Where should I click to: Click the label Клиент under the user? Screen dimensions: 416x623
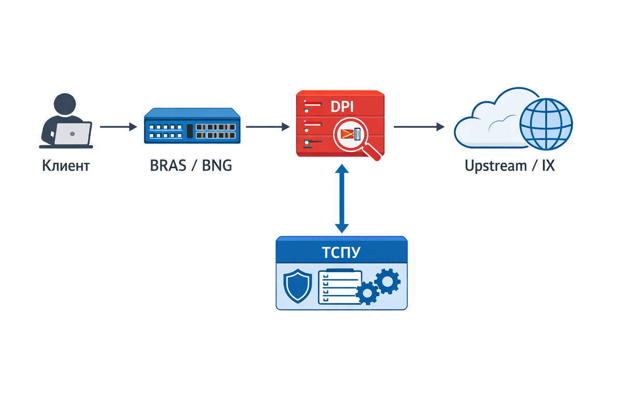(x=65, y=166)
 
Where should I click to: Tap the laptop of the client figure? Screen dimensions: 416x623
(x=73, y=134)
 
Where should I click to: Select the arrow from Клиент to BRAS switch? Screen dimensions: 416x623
(x=118, y=126)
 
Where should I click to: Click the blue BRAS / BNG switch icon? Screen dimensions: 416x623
(x=192, y=126)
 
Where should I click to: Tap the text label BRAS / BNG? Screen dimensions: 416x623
(x=191, y=166)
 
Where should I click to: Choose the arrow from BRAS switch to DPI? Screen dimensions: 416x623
(x=267, y=126)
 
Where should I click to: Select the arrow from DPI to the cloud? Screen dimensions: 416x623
(x=419, y=126)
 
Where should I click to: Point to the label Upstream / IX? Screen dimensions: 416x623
(x=509, y=166)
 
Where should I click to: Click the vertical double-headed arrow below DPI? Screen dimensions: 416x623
(x=341, y=199)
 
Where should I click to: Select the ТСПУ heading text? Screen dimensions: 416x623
(x=341, y=253)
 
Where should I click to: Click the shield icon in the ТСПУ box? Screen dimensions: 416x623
(x=298, y=287)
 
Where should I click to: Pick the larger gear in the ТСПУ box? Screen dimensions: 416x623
(x=387, y=281)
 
